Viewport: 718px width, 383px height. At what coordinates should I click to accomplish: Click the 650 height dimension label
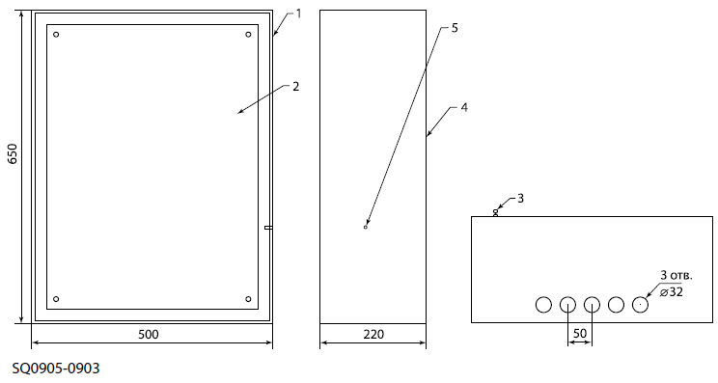tap(13, 153)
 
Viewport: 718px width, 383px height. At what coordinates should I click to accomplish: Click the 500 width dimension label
tap(149, 335)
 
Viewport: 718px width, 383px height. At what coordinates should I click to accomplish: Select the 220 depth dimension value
tap(373, 335)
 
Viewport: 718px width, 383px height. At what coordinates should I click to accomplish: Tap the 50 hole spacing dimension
tap(580, 333)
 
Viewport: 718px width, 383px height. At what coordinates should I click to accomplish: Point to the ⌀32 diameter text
tap(672, 292)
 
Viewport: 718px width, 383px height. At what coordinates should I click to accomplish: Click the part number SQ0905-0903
tap(55, 369)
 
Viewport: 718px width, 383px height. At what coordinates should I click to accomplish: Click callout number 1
tap(298, 14)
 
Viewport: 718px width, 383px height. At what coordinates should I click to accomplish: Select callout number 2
tap(296, 86)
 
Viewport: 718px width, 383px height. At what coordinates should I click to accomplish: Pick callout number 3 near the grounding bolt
tap(520, 198)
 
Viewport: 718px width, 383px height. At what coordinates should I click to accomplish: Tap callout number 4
tap(464, 107)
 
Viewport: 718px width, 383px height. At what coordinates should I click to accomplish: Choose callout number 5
tap(455, 28)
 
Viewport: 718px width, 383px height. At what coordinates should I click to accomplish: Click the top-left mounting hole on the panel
tap(56, 35)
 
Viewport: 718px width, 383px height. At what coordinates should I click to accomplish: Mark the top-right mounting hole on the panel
tap(248, 35)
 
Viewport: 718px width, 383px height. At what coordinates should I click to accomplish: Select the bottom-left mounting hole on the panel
tap(56, 299)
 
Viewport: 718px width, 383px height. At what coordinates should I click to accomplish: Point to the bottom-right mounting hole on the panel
tap(248, 299)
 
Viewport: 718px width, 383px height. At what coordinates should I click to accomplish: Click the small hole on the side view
tap(366, 227)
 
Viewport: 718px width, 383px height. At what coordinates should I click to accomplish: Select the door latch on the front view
tap(269, 228)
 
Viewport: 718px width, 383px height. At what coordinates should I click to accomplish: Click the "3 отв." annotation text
tap(677, 276)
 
